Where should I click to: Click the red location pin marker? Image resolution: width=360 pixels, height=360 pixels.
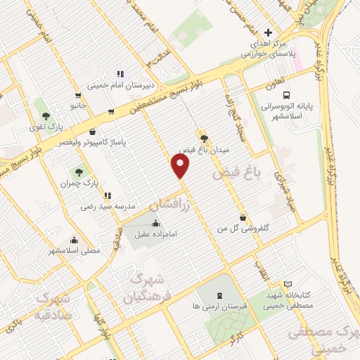[181, 166]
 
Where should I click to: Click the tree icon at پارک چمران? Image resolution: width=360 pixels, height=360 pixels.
[79, 171]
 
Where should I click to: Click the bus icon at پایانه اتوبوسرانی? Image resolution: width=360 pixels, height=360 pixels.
[285, 96]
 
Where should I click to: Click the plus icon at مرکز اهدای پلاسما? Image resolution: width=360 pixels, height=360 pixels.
[267, 32]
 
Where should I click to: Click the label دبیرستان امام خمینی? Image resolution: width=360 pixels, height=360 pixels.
[120, 86]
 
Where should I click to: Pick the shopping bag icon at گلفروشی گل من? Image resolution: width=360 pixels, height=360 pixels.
[243, 217]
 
